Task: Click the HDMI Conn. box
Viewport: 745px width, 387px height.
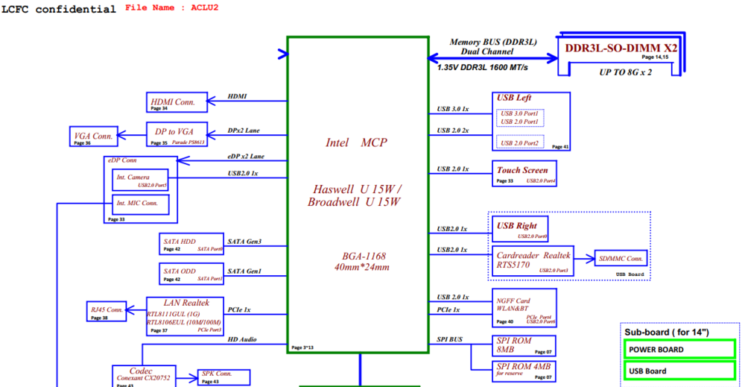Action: click(176, 103)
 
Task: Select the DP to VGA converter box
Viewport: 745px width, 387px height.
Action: click(175, 133)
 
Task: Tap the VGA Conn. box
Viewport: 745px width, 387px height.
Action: click(94, 136)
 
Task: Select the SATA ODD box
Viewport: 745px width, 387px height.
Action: click(191, 274)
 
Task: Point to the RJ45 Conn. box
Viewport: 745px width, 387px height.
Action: click(107, 311)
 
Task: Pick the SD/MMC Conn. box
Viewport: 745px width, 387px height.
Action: click(620, 259)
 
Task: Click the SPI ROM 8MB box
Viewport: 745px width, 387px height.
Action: click(524, 345)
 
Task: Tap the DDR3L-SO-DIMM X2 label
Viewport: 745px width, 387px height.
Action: click(621, 48)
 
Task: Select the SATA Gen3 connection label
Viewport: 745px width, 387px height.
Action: click(244, 242)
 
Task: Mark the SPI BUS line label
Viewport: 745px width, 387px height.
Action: click(450, 340)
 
